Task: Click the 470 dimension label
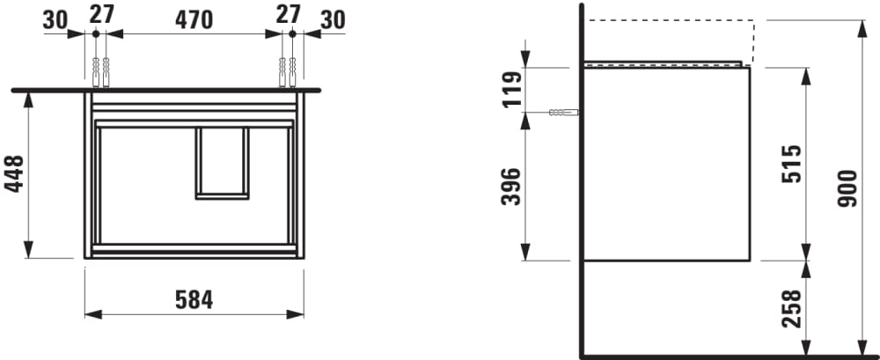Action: [194, 20]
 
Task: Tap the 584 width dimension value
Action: [194, 300]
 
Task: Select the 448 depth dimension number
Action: [14, 174]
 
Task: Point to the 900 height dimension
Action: [847, 188]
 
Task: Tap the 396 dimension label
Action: [510, 187]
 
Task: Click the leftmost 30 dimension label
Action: [55, 20]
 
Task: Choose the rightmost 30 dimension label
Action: [333, 20]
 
